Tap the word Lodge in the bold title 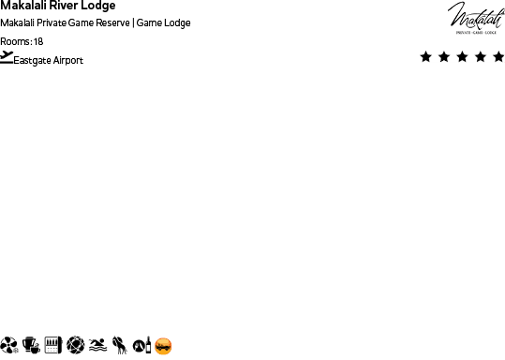tap(97, 6)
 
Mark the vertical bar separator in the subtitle tap(132, 23)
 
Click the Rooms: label tap(15, 41)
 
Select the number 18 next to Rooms tap(38, 41)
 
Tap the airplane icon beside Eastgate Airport tap(7, 57)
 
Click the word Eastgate tap(32, 61)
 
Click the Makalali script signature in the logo tap(476, 15)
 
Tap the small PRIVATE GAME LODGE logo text tap(476, 32)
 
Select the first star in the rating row tap(426, 57)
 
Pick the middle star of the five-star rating tap(462, 57)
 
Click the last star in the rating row tap(498, 57)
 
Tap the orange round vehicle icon tap(164, 346)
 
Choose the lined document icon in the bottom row tap(52, 346)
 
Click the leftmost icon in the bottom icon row tap(8, 346)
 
